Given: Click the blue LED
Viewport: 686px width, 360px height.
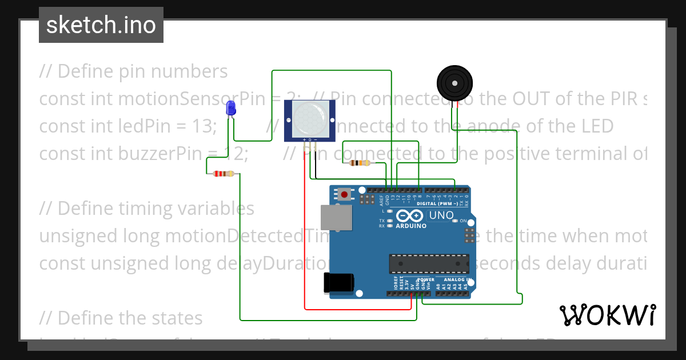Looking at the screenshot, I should coord(231,107).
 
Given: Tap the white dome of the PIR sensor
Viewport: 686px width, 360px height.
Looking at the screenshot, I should coord(309,117).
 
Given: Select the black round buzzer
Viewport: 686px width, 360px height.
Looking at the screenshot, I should coord(454,83).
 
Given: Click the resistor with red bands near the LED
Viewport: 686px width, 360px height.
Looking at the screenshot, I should coord(223,174).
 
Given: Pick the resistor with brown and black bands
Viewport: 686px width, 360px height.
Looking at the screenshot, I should coord(359,163).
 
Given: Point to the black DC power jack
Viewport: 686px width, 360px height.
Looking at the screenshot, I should coord(338,283).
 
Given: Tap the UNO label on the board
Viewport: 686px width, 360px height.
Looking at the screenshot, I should coord(441,216).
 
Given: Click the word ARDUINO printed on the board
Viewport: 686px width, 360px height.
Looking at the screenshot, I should coord(410,226).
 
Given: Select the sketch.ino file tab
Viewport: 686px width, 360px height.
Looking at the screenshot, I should coord(101,25).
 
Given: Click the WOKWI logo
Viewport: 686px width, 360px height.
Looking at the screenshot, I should coord(607,315).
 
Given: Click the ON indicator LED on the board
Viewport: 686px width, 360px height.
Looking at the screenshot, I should coord(456,221).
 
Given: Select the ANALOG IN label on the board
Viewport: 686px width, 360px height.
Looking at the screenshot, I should coord(454,280).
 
